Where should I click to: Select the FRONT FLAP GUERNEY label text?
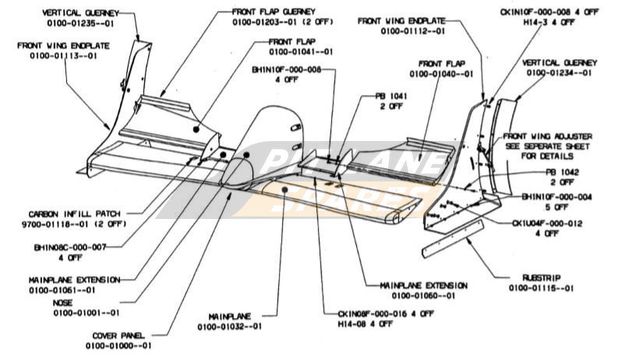(273, 12)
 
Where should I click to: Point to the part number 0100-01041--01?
(302, 51)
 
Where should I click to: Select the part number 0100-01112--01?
(413, 32)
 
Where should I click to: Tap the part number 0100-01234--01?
(558, 72)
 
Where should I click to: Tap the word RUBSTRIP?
(542, 277)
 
